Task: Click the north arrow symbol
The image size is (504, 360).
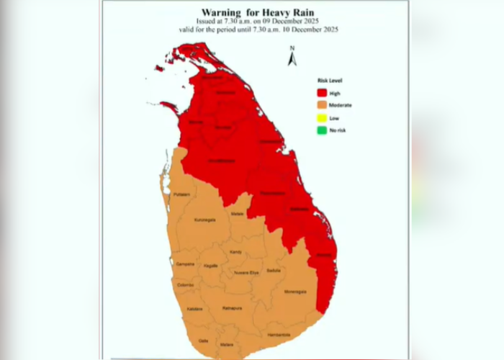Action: click(292, 58)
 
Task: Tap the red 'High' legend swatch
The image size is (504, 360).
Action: click(321, 93)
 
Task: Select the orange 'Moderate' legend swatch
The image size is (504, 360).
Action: click(321, 105)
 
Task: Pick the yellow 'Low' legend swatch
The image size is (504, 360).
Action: click(321, 117)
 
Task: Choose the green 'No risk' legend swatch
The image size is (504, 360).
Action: click(321, 130)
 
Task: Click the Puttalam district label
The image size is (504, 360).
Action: click(181, 194)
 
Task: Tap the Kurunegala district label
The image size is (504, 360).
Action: click(205, 220)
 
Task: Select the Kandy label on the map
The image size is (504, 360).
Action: click(235, 252)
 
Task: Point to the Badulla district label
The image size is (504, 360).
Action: click(273, 270)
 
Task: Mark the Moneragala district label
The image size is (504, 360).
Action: click(295, 292)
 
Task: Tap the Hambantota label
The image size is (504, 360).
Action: click(278, 334)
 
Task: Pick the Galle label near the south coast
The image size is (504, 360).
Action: click(204, 341)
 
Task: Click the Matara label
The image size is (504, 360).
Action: click(227, 345)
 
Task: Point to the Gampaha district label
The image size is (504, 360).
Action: click(185, 264)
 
